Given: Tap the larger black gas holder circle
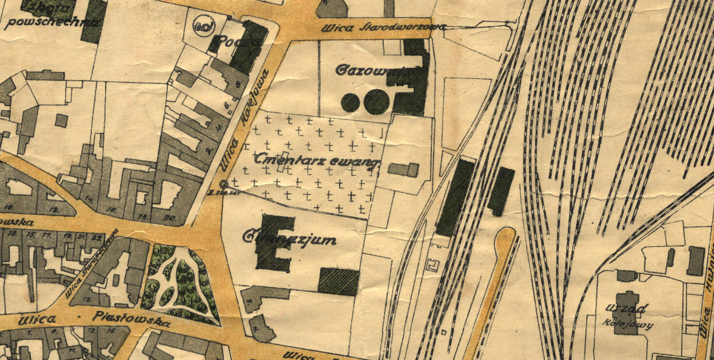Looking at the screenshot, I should (x=376, y=102).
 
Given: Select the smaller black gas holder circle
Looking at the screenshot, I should (x=350, y=102).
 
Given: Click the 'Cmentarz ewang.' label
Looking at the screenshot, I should (x=318, y=159).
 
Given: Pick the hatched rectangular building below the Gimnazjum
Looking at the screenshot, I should (x=339, y=282).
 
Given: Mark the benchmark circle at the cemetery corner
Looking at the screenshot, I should (x=223, y=183).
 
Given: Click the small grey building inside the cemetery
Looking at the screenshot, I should (x=403, y=169).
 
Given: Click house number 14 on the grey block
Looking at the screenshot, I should (x=90, y=198).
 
